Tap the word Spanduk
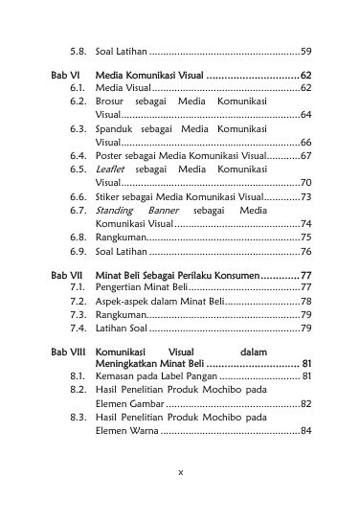pyautogui.click(x=116, y=127)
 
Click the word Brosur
pyautogui.click(x=112, y=101)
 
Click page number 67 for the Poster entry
pyautogui.click(x=305, y=154)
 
